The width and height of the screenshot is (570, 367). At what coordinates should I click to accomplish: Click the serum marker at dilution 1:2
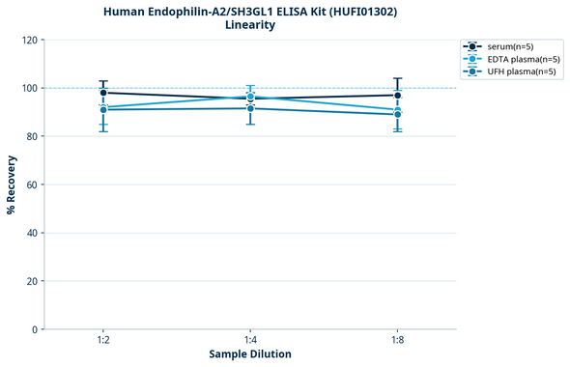point(103,93)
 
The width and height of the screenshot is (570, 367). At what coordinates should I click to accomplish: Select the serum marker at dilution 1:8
point(398,95)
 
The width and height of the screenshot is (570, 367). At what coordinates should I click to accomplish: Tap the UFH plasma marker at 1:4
point(250,108)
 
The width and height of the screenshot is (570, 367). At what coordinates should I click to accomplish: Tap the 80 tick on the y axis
point(30,136)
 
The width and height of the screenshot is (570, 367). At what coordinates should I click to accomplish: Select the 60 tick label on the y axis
point(30,184)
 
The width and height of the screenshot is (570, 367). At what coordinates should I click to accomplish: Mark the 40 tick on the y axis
point(30,233)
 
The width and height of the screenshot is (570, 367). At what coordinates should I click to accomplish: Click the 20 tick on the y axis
point(30,281)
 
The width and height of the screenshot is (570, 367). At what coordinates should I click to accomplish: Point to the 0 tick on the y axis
point(33,329)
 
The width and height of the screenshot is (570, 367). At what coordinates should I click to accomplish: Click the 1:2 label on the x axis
point(103,341)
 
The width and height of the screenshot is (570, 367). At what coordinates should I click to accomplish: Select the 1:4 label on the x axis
point(250,341)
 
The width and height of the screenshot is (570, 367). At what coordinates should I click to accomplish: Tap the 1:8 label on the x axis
point(398,341)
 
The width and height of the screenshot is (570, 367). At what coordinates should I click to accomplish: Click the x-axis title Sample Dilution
point(250,354)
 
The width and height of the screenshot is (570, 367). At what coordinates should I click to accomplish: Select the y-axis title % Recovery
point(12,184)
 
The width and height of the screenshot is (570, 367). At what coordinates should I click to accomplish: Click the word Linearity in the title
point(249,25)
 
